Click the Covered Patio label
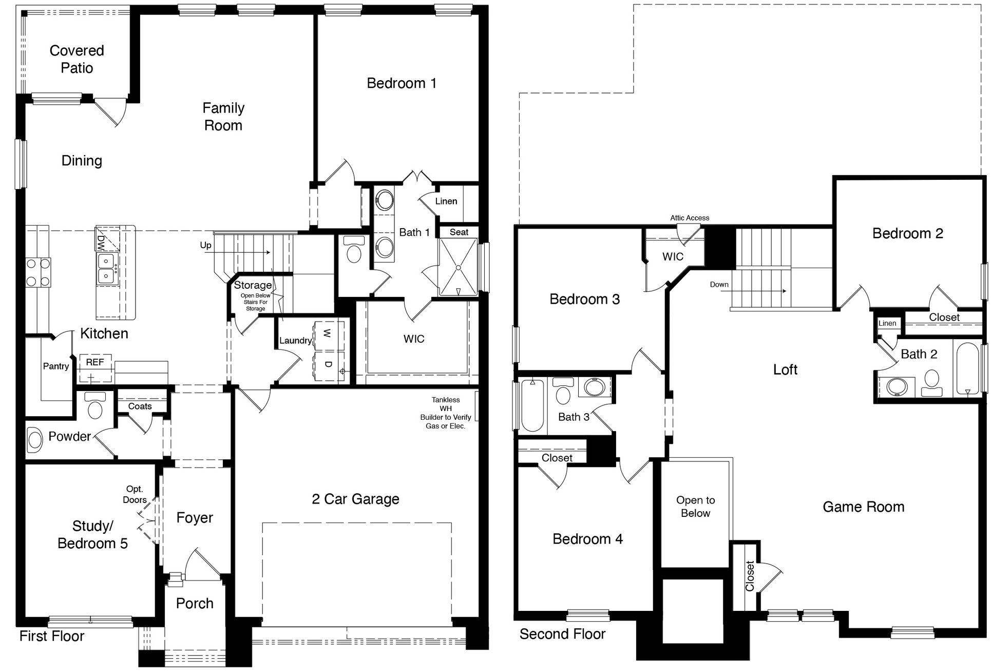tap(77, 59)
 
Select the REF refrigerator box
tap(94, 363)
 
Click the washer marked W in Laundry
tap(328, 334)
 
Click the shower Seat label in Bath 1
tap(459, 232)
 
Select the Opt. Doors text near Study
tap(135, 494)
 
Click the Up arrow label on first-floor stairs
tap(205, 246)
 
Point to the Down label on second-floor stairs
tap(719, 285)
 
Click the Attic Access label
tap(689, 218)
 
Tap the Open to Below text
tap(695, 507)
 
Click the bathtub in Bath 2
tap(968, 368)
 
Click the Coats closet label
tap(140, 406)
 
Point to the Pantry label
tap(55, 366)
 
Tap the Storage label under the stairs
tap(253, 285)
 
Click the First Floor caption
tap(52, 637)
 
